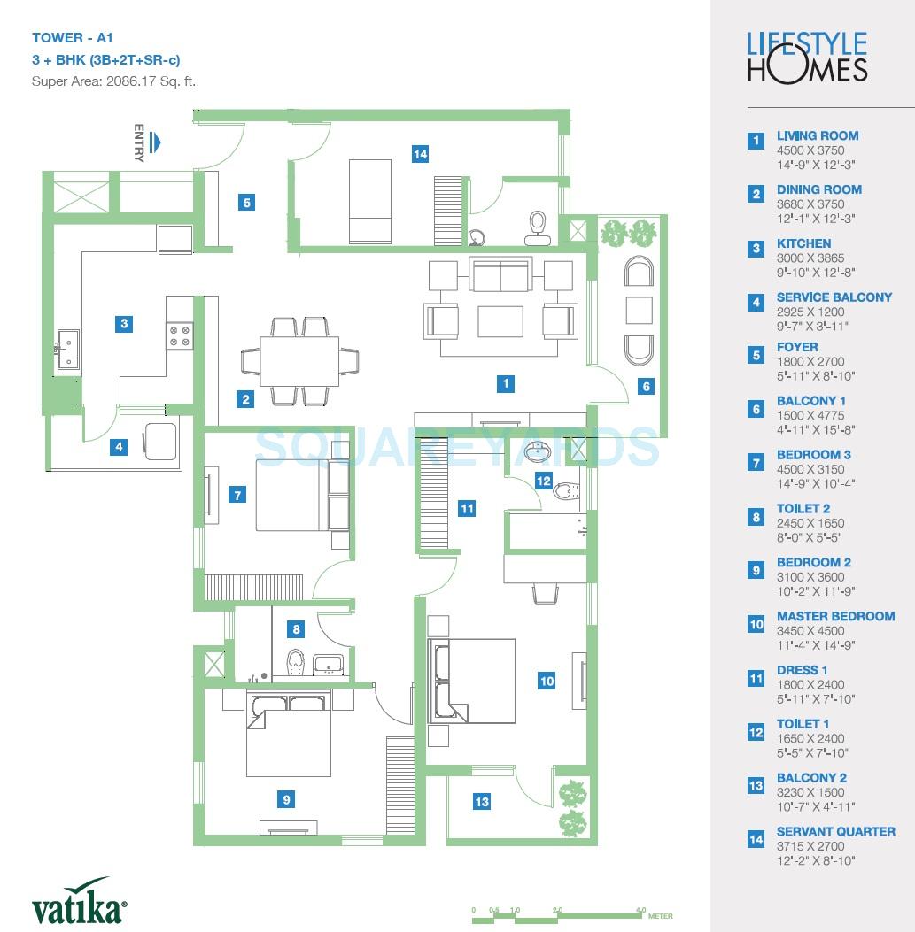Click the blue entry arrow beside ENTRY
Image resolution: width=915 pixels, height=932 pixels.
click(x=156, y=142)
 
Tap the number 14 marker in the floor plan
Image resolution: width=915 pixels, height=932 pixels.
click(x=420, y=154)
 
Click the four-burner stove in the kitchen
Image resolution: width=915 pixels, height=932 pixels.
click(x=180, y=335)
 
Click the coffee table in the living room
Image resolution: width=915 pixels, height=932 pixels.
click(x=500, y=320)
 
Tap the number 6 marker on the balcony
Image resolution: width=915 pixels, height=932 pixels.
click(x=647, y=386)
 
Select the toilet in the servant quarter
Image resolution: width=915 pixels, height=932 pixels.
click(x=537, y=227)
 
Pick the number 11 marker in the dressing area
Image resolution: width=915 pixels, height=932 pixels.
click(x=467, y=508)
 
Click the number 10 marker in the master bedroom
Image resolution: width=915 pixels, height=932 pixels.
click(x=547, y=681)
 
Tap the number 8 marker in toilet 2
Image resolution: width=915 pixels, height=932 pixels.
click(x=297, y=629)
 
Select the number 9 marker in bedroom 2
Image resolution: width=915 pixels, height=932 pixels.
click(x=286, y=799)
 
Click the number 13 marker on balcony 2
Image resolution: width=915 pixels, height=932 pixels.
click(x=481, y=802)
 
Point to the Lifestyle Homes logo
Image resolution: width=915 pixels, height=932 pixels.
click(x=807, y=57)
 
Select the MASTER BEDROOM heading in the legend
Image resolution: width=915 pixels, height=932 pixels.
click(x=835, y=616)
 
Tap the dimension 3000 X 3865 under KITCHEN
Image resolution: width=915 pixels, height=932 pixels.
click(x=810, y=258)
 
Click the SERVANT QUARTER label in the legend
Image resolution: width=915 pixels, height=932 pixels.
click(x=835, y=831)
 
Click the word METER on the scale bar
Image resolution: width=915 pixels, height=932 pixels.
click(x=660, y=917)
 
